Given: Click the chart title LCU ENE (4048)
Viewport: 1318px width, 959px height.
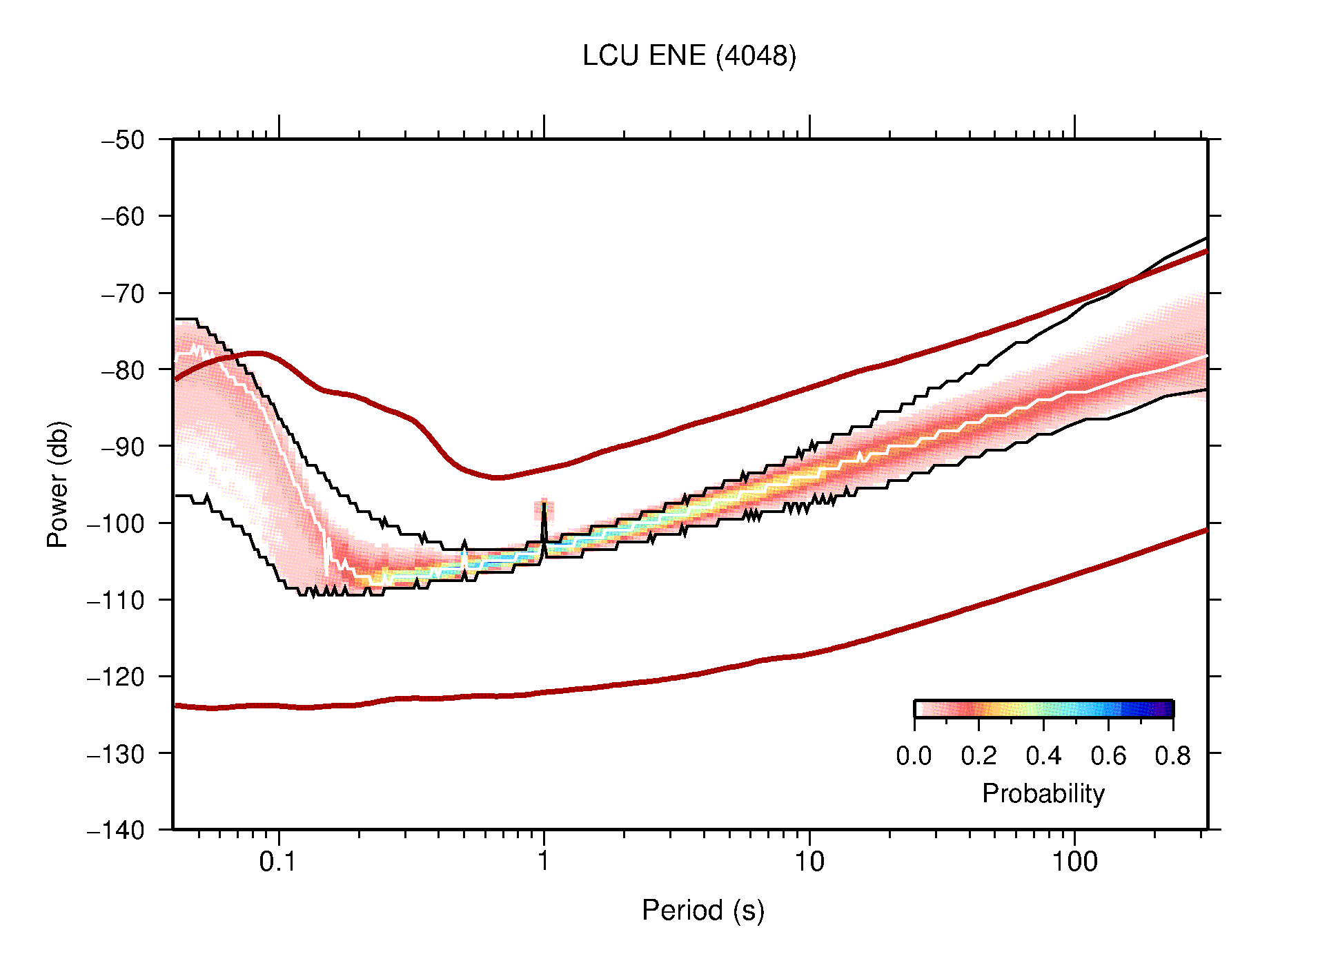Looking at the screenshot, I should point(689,56).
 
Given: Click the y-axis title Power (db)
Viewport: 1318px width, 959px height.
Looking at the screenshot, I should point(58,484).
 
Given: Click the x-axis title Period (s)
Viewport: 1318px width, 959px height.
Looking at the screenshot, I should point(702,911).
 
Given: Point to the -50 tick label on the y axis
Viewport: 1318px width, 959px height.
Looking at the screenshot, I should point(123,140).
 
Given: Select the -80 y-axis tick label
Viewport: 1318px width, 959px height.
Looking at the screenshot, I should point(123,370).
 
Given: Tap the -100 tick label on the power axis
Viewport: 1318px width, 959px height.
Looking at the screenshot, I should point(116,523).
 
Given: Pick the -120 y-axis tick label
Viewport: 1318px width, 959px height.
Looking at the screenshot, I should point(116,677).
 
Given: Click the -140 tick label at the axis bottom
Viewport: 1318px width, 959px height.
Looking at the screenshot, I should point(116,830).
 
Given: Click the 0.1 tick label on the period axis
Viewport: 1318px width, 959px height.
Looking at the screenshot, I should point(278,862).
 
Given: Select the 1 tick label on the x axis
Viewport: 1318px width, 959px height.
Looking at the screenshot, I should point(544,862).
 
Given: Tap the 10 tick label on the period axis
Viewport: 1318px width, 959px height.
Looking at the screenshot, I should point(809,862).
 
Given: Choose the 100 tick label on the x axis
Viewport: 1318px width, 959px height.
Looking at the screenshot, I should point(1074,862).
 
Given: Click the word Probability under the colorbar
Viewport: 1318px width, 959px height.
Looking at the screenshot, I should point(1043,794).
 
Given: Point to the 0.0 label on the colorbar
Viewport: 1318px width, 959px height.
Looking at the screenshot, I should point(914,756).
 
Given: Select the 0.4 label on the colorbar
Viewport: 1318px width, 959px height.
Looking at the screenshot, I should point(1043,756).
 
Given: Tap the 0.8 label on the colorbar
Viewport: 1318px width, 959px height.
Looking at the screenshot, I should point(1172,756).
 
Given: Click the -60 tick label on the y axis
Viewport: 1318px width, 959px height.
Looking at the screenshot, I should point(123,217).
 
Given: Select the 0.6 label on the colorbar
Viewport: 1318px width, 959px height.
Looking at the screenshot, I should point(1108,756).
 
